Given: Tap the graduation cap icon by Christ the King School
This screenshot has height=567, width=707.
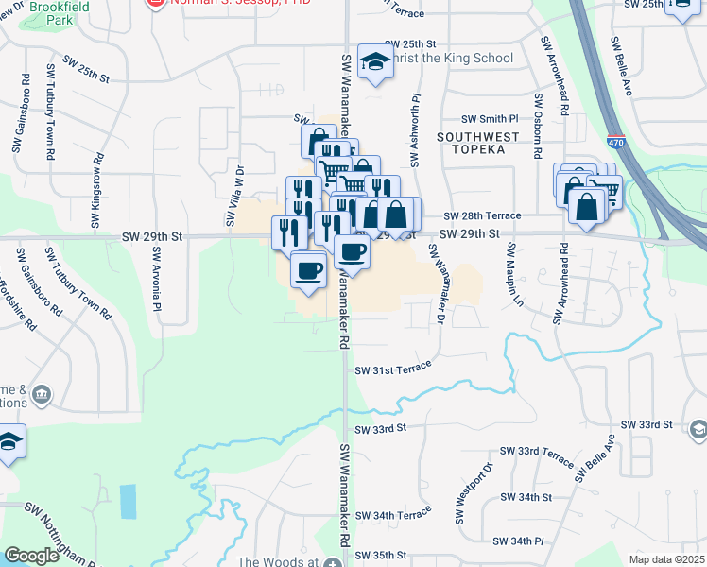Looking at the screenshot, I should [x=375, y=63].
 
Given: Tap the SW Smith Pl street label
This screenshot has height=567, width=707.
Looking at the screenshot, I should [x=490, y=120].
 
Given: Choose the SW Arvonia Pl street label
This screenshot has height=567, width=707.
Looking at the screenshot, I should [x=157, y=283].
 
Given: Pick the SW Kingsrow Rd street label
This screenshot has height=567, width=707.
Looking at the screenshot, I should [x=95, y=193].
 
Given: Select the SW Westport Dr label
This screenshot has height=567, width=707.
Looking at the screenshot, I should [x=461, y=493].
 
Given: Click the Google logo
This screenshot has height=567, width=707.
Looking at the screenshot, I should [x=32, y=556].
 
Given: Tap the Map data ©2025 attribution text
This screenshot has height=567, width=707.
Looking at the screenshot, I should [x=666, y=559].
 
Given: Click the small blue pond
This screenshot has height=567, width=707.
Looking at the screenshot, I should [x=128, y=500].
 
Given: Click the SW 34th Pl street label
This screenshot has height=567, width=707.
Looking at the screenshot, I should [x=518, y=541].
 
